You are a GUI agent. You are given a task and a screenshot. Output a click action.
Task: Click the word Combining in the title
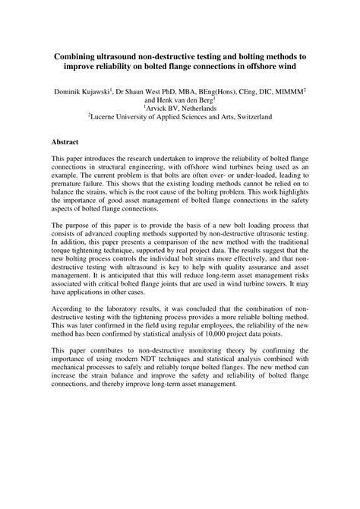coord(79,57)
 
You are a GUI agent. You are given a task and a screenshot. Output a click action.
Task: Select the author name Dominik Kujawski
coord(81,91)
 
